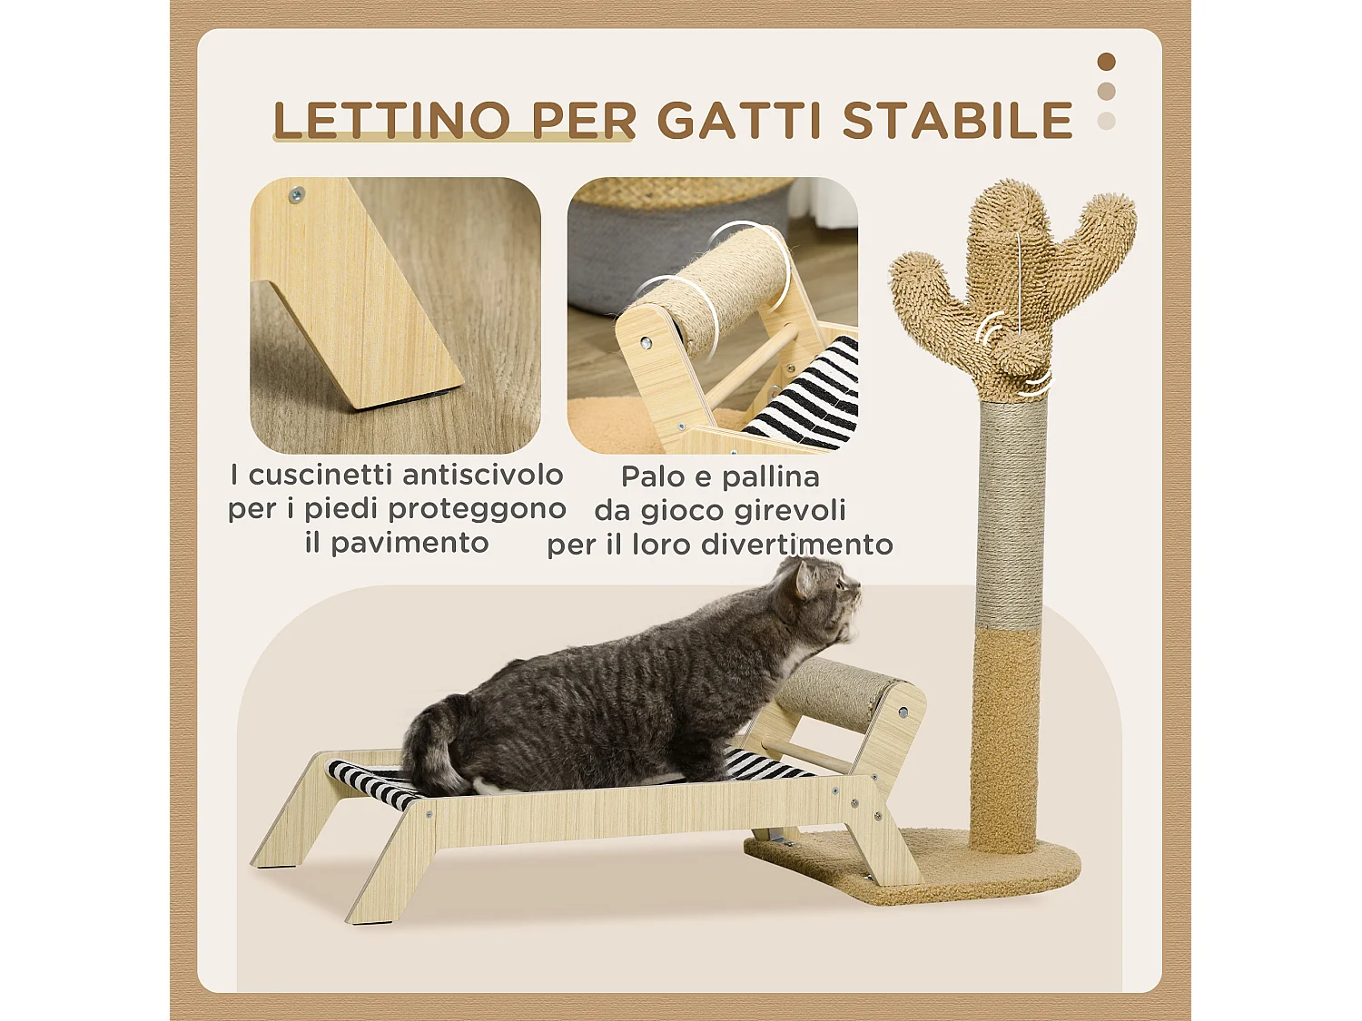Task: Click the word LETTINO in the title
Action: [x=391, y=121]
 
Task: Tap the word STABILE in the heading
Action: [x=958, y=121]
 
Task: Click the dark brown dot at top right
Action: [x=1106, y=62]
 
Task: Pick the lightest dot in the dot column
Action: [x=1106, y=121]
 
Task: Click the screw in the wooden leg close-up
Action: [x=295, y=194]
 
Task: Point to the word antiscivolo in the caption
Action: [x=482, y=475]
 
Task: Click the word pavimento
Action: [x=410, y=543]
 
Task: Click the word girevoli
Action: [x=790, y=510]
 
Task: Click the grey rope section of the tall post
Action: [x=1011, y=508]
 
